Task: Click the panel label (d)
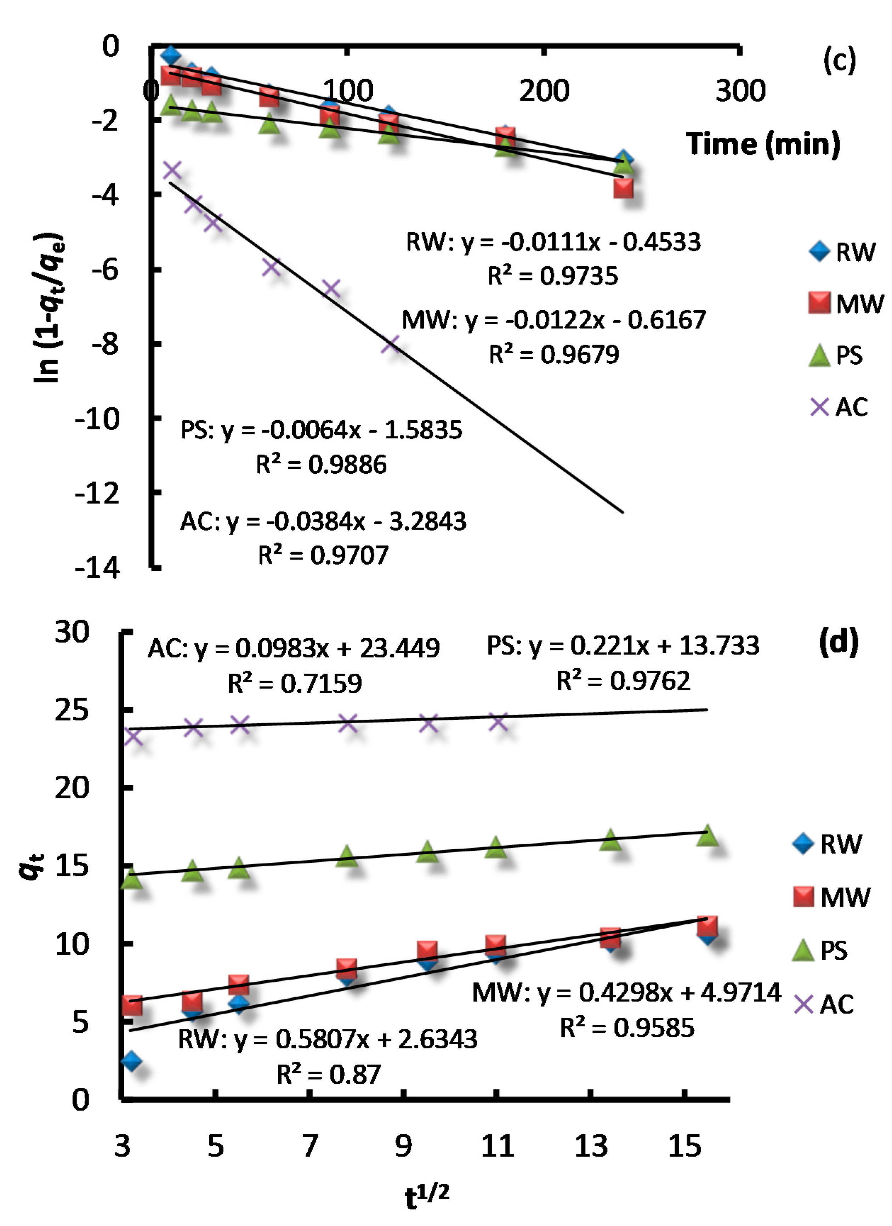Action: click(x=839, y=642)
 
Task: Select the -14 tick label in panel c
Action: click(x=97, y=568)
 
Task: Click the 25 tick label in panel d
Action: click(x=72, y=710)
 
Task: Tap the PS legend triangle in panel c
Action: click(x=819, y=355)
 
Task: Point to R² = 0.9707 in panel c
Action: click(x=323, y=555)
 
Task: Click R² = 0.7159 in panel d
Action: click(x=295, y=683)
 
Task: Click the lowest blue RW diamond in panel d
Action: click(x=131, y=1061)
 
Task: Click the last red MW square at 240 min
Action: click(x=623, y=188)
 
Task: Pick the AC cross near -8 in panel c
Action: click(x=390, y=344)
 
